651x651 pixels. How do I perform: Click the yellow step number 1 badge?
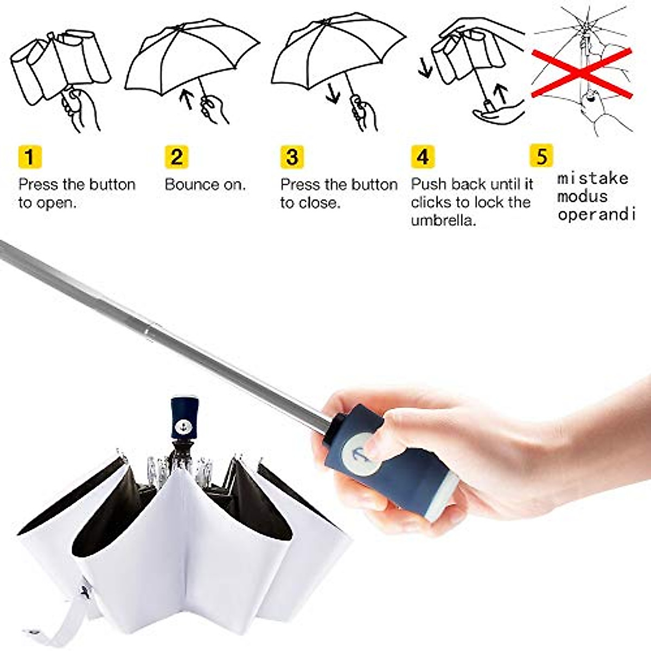29,157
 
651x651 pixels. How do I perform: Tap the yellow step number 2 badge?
177,157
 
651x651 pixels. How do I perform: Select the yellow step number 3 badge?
292,157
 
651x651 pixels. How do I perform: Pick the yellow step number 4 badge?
423,157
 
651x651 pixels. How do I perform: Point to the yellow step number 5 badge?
541,155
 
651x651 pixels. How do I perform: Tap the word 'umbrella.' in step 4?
443,220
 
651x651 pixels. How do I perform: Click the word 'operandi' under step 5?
596,214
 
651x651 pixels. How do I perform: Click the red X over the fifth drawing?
581,73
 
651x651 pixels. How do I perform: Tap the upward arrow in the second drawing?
188,99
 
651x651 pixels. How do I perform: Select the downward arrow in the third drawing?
333,92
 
